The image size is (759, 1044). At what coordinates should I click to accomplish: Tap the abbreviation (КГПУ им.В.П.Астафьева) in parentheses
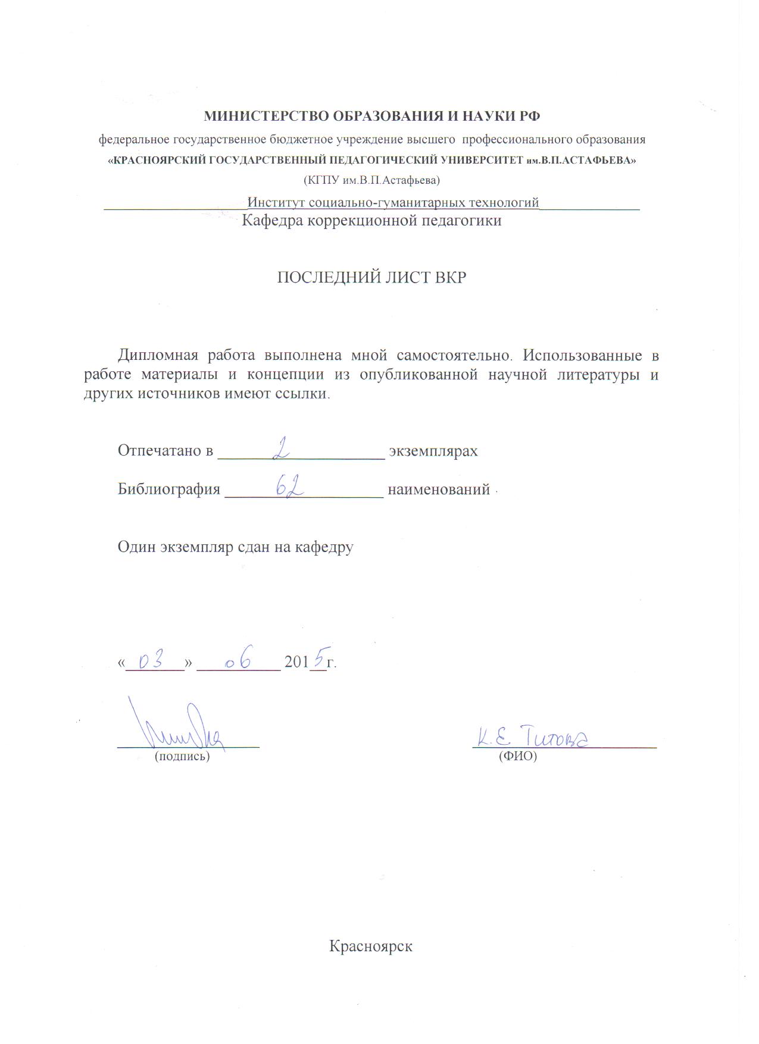(371, 179)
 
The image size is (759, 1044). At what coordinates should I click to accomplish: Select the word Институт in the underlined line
(276, 203)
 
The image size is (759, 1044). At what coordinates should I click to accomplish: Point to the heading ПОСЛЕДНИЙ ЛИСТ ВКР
(371, 278)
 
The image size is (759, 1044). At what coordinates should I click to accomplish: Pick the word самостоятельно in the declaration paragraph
(454, 355)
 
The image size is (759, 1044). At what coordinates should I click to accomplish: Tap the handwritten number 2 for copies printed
(280, 447)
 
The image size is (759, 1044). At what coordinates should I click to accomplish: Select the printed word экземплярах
(433, 451)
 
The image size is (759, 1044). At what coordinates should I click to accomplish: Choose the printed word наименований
(439, 490)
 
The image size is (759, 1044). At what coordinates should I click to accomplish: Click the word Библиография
(169, 490)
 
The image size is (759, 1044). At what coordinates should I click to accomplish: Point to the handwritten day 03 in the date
(150, 660)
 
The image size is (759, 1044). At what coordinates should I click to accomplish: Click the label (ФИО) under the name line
(518, 757)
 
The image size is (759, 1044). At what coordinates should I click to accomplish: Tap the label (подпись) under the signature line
(182, 757)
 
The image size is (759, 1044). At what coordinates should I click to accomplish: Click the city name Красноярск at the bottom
(371, 946)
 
